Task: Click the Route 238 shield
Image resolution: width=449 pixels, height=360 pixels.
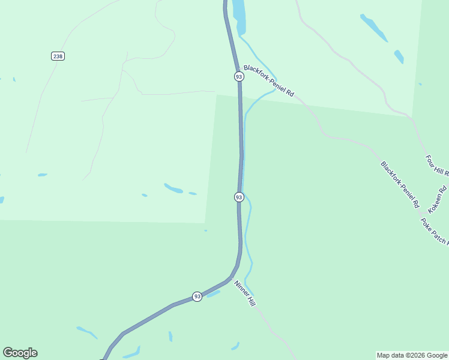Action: (58, 56)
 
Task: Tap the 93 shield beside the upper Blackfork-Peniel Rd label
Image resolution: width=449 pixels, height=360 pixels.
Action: (239, 77)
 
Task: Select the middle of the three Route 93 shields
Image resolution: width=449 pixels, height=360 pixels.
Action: (239, 197)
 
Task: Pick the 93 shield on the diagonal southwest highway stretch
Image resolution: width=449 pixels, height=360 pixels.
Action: (197, 296)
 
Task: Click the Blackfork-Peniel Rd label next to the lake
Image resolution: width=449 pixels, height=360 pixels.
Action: (269, 82)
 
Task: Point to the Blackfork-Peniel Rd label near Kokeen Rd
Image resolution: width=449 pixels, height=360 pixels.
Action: (399, 184)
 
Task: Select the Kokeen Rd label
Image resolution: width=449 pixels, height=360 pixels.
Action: (438, 200)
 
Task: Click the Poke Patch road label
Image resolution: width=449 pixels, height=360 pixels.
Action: (434, 231)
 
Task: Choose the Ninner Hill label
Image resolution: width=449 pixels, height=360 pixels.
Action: (245, 294)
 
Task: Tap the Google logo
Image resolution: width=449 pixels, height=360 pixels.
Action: (20, 353)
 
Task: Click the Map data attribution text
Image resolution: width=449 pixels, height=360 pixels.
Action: (412, 355)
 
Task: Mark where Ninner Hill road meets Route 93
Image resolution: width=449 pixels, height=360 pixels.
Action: (231, 278)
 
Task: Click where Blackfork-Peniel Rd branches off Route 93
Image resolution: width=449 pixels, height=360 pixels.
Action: (238, 65)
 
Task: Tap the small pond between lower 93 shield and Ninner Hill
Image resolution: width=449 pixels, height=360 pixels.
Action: (213, 293)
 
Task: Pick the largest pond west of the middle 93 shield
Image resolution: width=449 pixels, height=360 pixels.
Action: (173, 188)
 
